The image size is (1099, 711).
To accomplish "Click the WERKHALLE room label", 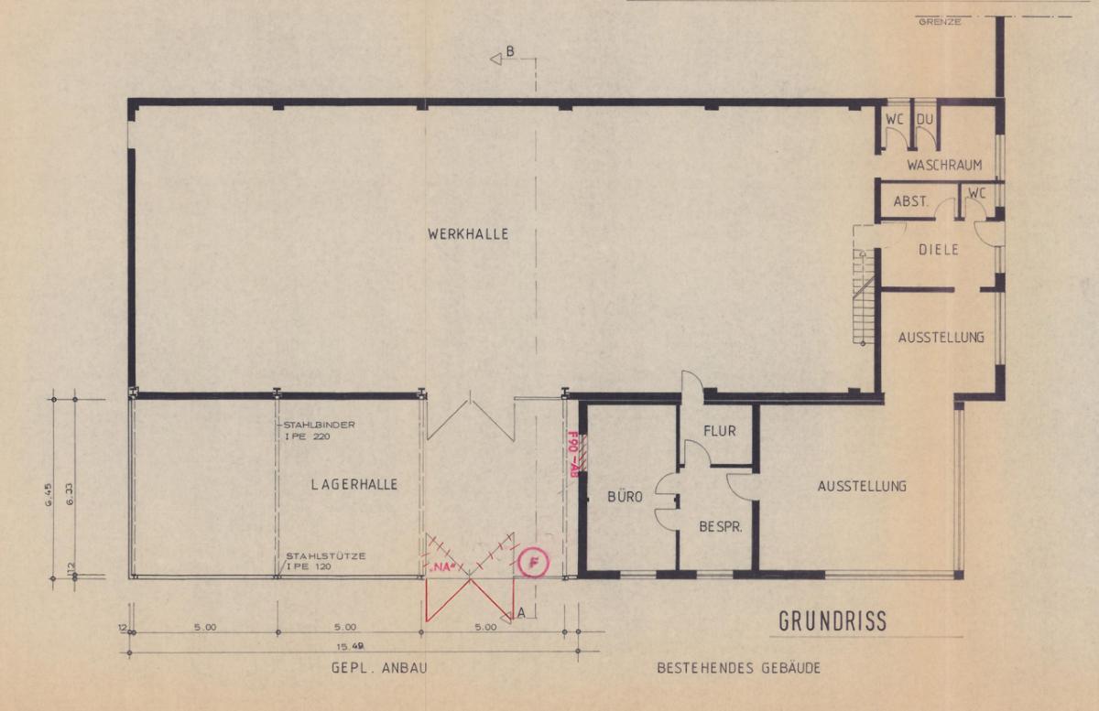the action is [x=468, y=234].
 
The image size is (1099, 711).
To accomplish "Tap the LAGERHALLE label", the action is [x=354, y=484].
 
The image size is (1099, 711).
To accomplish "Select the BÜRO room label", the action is [x=625, y=497].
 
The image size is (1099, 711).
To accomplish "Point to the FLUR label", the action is [x=720, y=431].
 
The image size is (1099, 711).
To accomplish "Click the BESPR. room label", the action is [x=720, y=527].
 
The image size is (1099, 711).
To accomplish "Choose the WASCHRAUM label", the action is [x=944, y=165].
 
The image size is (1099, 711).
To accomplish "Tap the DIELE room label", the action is [x=938, y=250].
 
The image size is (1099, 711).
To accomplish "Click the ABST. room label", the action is [x=910, y=201].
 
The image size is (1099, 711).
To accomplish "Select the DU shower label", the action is [x=925, y=119].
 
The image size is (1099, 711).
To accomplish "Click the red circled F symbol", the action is [x=533, y=563].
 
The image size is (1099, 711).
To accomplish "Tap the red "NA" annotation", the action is [x=443, y=569].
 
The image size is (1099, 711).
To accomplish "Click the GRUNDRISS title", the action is [x=832, y=621].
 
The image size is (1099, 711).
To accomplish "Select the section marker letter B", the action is [x=510, y=51].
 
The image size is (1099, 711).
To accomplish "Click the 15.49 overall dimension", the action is [x=350, y=647].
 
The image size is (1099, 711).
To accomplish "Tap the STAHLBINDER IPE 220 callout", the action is [x=319, y=430].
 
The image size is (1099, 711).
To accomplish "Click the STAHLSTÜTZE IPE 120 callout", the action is [x=326, y=562].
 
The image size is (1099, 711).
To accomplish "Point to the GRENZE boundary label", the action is [x=940, y=22].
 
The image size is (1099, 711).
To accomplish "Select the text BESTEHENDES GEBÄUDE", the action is [x=738, y=668].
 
